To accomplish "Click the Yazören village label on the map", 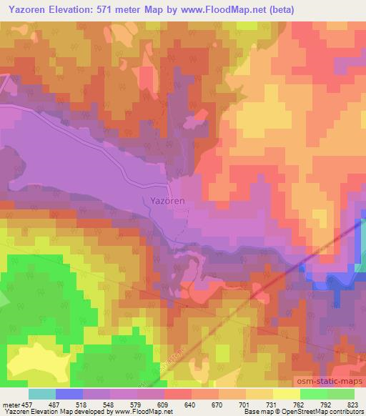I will point(167,201).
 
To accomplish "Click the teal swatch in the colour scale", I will point(41,394).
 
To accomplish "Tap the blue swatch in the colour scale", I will point(69,394).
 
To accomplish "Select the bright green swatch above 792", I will point(314,394).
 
